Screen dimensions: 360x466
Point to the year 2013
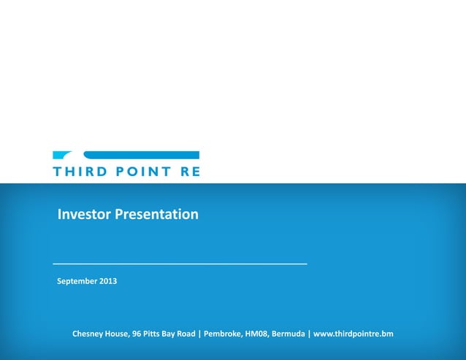point(107,281)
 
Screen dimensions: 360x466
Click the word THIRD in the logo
point(77,172)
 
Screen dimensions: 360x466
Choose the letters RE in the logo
point(190,172)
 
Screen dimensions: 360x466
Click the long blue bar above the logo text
point(142,155)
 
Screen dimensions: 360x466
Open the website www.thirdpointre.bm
point(354,334)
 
